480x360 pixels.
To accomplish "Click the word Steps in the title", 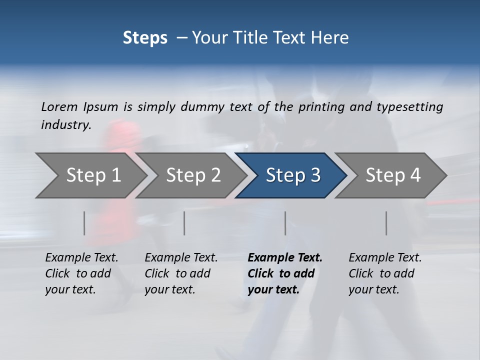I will coord(145,37).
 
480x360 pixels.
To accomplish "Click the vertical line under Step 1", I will coord(84,223).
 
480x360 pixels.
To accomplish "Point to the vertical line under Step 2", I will coord(184,223).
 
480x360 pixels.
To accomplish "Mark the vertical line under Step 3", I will coord(285,223).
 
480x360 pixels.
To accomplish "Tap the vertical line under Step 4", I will coord(386,223).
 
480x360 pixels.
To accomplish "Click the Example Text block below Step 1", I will coord(81,273).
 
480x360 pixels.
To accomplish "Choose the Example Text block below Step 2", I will coord(181,273).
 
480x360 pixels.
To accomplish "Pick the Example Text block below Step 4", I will coord(385,273).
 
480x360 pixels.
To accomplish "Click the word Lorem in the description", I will coord(59,106).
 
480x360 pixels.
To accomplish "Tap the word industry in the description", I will coord(66,124).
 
